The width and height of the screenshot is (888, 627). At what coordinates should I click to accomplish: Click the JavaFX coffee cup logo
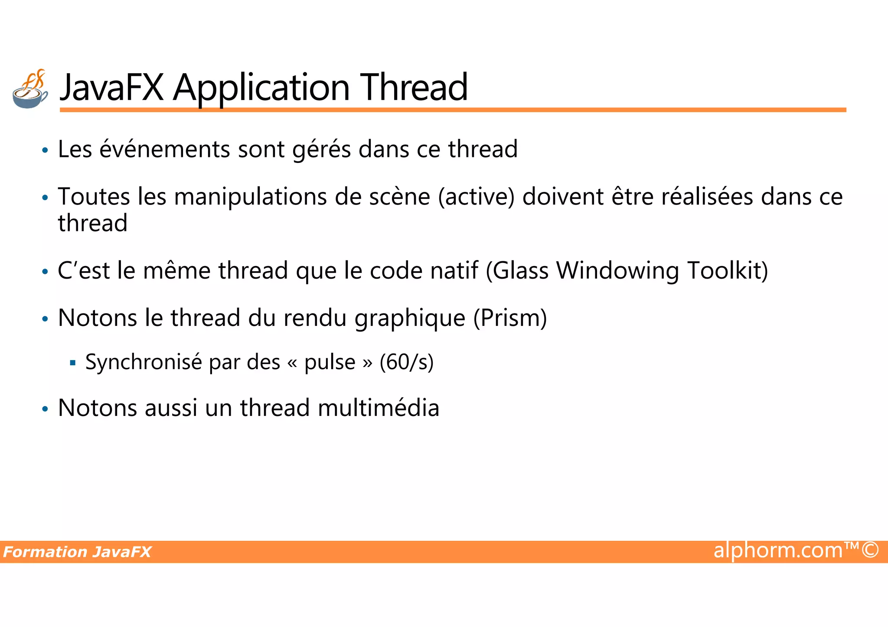tap(30, 89)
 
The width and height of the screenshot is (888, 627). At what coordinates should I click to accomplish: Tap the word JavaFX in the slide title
tap(112, 88)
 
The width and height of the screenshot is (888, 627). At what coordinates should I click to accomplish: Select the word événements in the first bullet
tap(165, 149)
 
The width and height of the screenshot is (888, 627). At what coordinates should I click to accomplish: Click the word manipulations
tap(251, 197)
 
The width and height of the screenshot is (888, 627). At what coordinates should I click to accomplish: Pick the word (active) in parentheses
tap(476, 197)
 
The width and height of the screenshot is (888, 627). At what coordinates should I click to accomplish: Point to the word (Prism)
tap(510, 318)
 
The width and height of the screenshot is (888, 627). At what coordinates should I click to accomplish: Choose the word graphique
tap(410, 319)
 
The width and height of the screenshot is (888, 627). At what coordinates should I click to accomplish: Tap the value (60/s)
tap(406, 362)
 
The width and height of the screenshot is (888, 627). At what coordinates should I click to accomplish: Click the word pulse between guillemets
tap(330, 362)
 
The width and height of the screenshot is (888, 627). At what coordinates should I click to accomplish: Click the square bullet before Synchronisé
tap(72, 363)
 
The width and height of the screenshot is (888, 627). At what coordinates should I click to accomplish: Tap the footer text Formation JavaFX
tap(77, 552)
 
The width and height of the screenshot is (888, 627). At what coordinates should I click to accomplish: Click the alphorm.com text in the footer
tap(778, 550)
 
